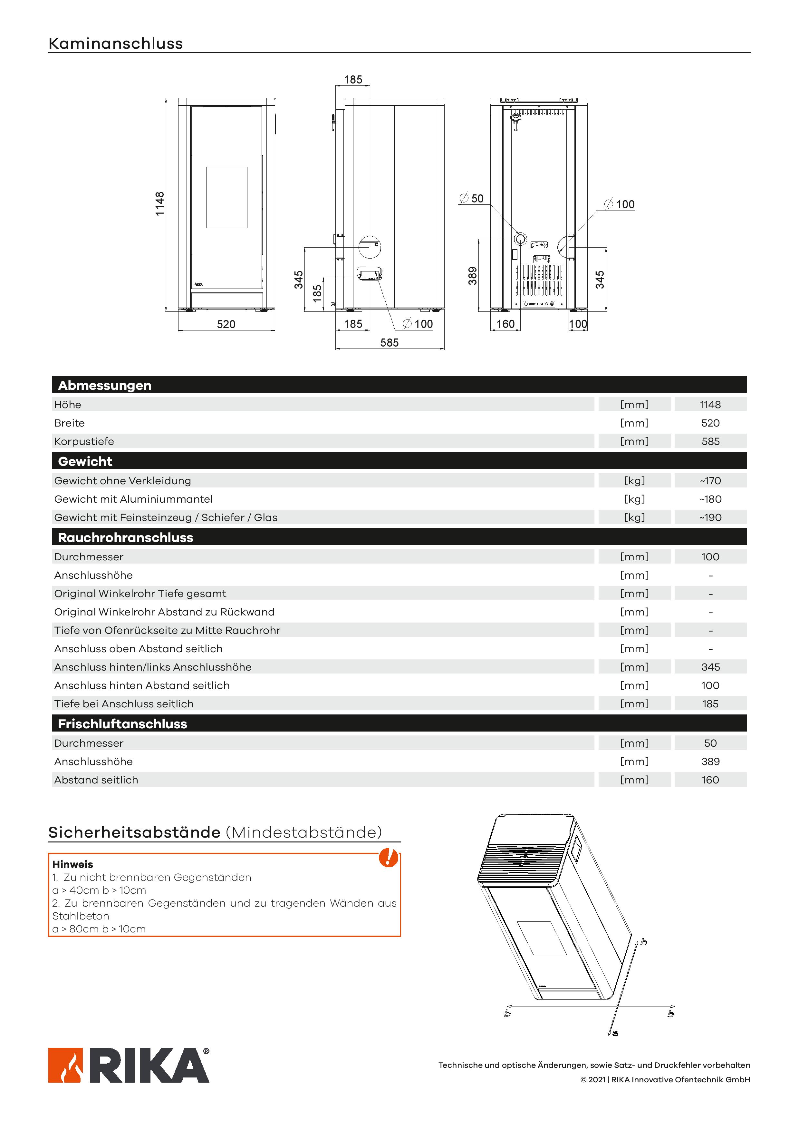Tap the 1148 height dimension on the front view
(x=159, y=203)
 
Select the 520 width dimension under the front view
(x=226, y=324)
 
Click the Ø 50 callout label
(x=472, y=199)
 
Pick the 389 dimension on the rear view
(x=473, y=276)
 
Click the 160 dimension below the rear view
(x=505, y=324)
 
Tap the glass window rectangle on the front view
(x=226, y=198)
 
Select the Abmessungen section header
(x=104, y=385)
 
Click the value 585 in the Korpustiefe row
(x=710, y=441)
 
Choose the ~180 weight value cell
(x=710, y=499)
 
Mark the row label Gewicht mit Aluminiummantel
(x=133, y=499)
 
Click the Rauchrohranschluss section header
(x=126, y=537)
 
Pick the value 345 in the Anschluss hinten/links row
(x=710, y=667)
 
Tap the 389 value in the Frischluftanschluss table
(x=710, y=762)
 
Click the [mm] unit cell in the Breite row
(x=634, y=423)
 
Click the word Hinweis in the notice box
(x=72, y=864)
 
